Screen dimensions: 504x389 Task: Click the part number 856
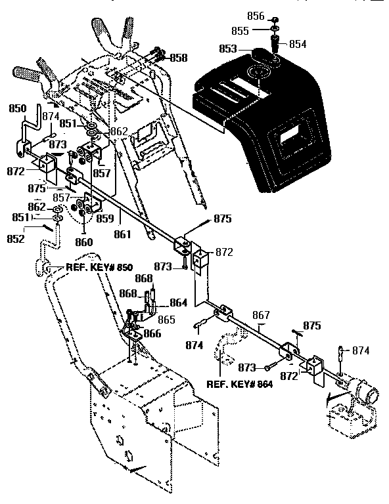(256, 16)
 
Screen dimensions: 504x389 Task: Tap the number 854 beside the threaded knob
(298, 44)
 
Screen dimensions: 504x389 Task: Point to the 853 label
(227, 49)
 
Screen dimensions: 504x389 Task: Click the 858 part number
(178, 58)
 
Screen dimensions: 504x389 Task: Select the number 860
(83, 241)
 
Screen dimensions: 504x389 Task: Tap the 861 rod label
(122, 233)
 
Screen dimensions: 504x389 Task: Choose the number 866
(152, 333)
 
